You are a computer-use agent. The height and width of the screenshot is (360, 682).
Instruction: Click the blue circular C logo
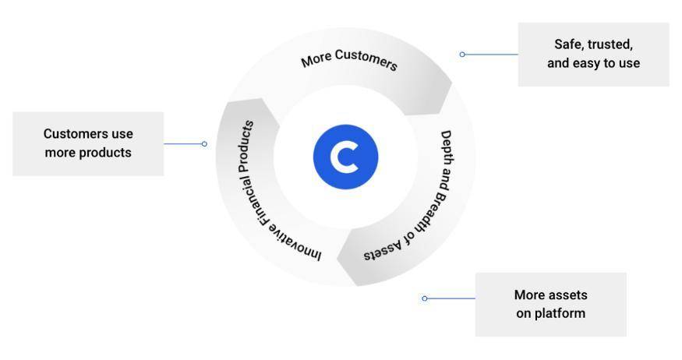coord(345,156)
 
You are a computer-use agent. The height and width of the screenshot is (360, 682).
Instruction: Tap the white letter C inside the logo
coord(344,157)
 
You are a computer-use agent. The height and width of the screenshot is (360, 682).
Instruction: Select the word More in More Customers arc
coord(316,59)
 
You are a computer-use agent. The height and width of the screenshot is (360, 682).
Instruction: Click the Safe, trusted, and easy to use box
coord(593,54)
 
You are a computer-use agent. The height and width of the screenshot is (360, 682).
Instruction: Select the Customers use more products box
coord(88,143)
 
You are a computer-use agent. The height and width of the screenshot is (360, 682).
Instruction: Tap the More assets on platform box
coord(550,304)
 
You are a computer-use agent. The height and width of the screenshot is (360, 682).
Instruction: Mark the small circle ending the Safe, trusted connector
coord(462,55)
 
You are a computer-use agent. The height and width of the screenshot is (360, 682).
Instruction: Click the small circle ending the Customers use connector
coord(204,143)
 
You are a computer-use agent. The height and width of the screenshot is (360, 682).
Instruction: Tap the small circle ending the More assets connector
coord(425,298)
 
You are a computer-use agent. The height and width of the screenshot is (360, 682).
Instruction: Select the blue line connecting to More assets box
coord(451,298)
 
